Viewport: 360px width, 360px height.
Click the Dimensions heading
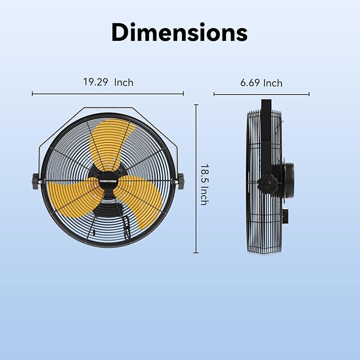179,32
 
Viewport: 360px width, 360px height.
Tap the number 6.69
250,83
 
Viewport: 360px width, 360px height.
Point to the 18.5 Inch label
204,184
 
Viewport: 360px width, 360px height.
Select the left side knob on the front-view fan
37,181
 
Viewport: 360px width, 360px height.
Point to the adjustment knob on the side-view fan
268,185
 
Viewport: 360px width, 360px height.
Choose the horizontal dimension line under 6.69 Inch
261,95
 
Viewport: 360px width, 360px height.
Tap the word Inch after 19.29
123,82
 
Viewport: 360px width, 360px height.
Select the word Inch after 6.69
273,83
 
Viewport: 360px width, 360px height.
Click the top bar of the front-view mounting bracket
108,109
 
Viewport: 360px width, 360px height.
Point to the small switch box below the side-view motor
286,215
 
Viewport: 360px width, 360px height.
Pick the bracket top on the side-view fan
266,103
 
